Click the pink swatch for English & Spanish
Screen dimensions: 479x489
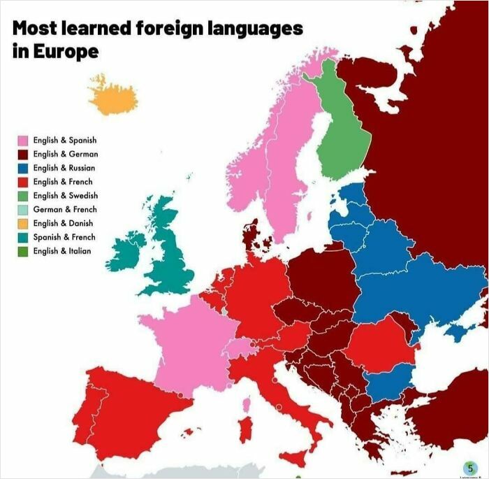[23, 141]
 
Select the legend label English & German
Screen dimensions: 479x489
[65, 155]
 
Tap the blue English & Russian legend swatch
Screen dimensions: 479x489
[23, 168]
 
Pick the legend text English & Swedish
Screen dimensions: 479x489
[65, 196]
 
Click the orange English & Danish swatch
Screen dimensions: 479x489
[23, 224]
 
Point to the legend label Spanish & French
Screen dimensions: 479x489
[64, 237]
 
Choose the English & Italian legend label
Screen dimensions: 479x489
[61, 251]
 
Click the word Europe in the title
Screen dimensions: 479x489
[64, 52]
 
